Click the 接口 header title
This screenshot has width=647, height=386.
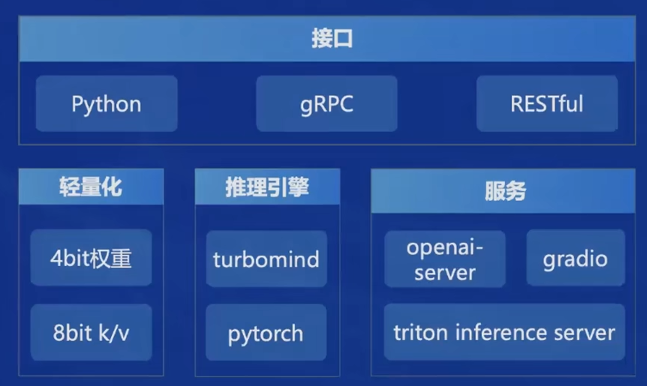click(333, 39)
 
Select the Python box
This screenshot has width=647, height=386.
click(107, 103)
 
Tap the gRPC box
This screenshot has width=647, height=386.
click(327, 103)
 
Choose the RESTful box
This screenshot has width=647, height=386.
click(546, 103)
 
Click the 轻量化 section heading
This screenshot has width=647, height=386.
click(91, 187)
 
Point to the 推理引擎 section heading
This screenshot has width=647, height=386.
click(267, 187)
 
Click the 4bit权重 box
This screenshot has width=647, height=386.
click(91, 258)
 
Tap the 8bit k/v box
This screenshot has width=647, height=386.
click(91, 333)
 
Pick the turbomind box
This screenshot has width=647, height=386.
click(266, 259)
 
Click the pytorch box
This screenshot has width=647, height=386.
click(266, 333)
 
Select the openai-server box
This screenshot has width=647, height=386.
click(445, 259)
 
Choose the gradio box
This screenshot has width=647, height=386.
click(576, 258)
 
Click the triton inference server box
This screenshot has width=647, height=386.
click(504, 332)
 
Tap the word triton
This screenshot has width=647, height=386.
click(421, 333)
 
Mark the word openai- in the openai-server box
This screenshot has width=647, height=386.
click(445, 248)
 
